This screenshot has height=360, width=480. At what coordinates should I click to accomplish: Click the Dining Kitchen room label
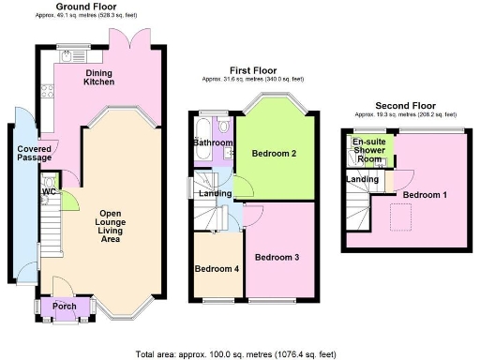click(x=99, y=77)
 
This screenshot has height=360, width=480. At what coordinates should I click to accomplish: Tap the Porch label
click(x=66, y=306)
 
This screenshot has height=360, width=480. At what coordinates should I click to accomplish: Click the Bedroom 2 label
click(x=275, y=153)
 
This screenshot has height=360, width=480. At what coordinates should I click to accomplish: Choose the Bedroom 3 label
click(x=277, y=257)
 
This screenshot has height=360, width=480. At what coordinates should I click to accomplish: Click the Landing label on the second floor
click(x=362, y=179)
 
